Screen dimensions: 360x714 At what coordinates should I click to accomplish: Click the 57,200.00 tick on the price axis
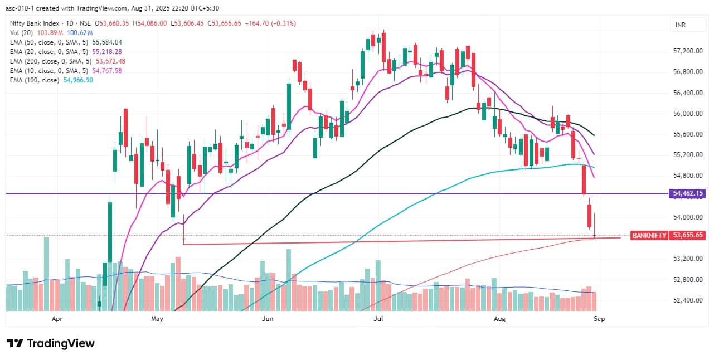pyautogui.click(x=687, y=51)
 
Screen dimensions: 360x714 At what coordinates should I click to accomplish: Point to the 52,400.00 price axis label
pyautogui.click(x=687, y=300)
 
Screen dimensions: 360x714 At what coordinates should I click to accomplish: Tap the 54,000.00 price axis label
pyautogui.click(x=687, y=217)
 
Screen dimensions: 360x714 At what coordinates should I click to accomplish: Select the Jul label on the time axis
pyautogui.click(x=379, y=319)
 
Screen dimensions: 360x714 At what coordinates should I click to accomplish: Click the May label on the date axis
pyautogui.click(x=157, y=319)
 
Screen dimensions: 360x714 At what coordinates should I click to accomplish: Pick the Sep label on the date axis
pyautogui.click(x=599, y=319)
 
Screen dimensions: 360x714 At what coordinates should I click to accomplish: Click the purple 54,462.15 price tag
pyautogui.click(x=689, y=193)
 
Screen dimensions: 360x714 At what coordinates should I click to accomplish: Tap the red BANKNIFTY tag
pyautogui.click(x=649, y=236)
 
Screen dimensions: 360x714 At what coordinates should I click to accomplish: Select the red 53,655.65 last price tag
pyautogui.click(x=689, y=236)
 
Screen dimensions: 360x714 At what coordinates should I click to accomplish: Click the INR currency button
pyautogui.click(x=680, y=25)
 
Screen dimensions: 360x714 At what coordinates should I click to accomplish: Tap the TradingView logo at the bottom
pyautogui.click(x=51, y=343)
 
